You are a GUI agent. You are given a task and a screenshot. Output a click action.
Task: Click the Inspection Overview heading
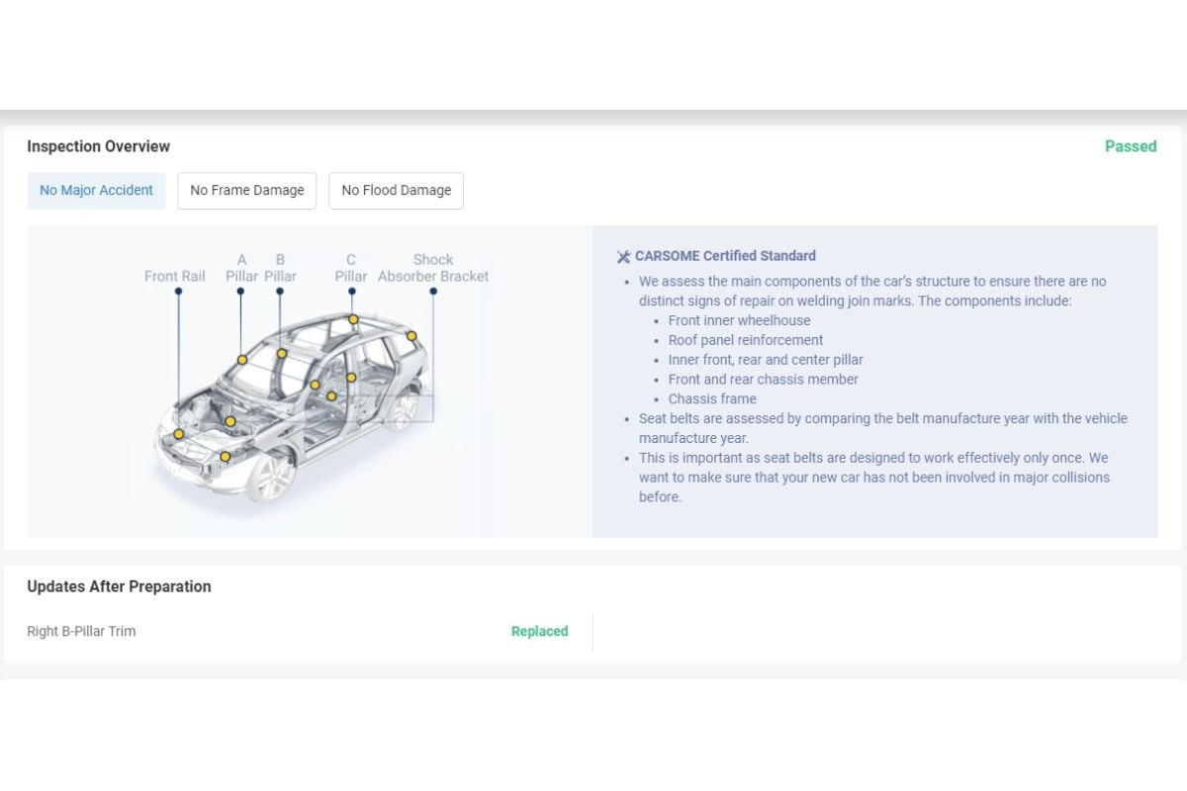pyautogui.click(x=98, y=146)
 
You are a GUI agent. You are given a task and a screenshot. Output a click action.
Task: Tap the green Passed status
pyautogui.click(x=1130, y=146)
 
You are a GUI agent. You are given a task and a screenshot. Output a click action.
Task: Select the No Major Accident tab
pyautogui.click(x=96, y=190)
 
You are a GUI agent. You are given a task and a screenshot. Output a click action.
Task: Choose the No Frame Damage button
pyautogui.click(x=247, y=190)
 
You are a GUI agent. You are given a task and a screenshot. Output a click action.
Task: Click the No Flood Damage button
pyautogui.click(x=396, y=190)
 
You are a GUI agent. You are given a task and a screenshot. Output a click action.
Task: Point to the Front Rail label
pyautogui.click(x=174, y=276)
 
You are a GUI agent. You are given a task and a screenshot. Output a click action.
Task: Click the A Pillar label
pyautogui.click(x=241, y=268)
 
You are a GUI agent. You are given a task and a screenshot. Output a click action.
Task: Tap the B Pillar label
pyautogui.click(x=280, y=268)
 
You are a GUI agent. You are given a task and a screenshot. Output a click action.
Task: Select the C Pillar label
pyautogui.click(x=350, y=268)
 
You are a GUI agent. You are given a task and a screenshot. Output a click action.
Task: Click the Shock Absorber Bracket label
pyautogui.click(x=433, y=268)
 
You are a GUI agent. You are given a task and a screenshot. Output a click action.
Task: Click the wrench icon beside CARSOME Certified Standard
pyautogui.click(x=623, y=257)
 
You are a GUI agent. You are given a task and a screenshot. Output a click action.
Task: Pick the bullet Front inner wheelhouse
pyautogui.click(x=739, y=320)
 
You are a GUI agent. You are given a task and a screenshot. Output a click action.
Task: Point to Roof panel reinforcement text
pyautogui.click(x=745, y=340)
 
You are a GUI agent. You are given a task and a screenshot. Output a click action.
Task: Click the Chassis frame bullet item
pyautogui.click(x=712, y=398)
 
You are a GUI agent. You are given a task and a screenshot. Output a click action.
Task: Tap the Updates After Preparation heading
pyautogui.click(x=119, y=586)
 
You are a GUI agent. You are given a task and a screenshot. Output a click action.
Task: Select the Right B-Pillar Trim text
pyautogui.click(x=81, y=631)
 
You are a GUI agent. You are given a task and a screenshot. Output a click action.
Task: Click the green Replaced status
pyautogui.click(x=539, y=631)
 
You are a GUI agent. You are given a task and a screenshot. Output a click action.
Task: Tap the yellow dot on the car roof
pyautogui.click(x=353, y=319)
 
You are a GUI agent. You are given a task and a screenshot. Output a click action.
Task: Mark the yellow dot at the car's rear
pyautogui.click(x=411, y=336)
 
